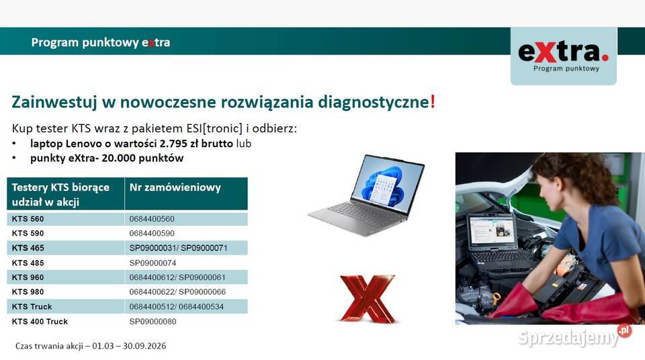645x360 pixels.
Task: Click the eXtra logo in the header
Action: coord(563,56)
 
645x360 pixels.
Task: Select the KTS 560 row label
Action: coord(28,219)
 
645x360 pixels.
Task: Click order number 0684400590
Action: coord(152,233)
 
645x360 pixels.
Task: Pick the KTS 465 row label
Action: coord(28,248)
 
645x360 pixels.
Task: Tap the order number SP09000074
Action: coord(153,263)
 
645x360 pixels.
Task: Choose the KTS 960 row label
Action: coord(28,277)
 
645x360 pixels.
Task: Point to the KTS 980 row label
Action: coord(28,291)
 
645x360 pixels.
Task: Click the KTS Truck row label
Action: coord(32,306)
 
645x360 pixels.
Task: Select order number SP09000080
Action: coord(153,321)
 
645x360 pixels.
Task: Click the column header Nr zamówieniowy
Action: coord(175,187)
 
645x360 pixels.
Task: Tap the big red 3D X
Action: coord(368,299)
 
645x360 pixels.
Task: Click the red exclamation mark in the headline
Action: coord(433,101)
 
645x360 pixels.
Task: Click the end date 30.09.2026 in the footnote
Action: coord(144,346)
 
